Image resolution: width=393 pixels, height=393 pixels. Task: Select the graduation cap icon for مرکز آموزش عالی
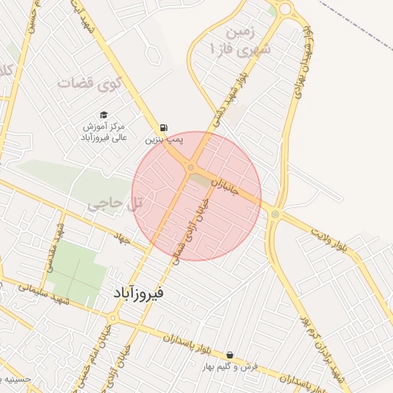104,114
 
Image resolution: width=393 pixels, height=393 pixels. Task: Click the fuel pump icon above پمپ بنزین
163,128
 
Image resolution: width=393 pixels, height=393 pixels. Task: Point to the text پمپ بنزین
164,140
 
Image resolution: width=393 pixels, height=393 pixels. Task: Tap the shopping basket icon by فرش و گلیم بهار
230,355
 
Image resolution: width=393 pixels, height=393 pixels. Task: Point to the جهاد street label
123,237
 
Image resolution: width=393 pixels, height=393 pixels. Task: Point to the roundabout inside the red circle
190,167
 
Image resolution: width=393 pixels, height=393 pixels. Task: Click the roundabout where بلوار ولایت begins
275,214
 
